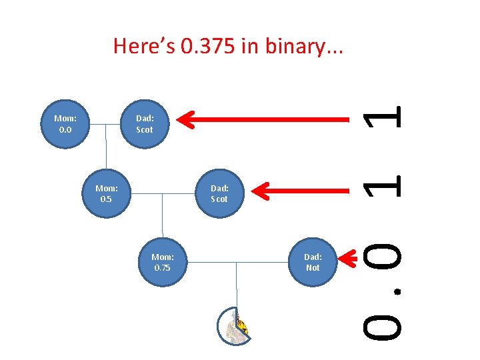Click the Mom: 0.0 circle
[x=65, y=124]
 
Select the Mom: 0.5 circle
[x=107, y=193]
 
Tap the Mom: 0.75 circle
[x=162, y=262]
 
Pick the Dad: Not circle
[x=313, y=262]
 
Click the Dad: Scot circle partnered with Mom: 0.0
[x=144, y=124]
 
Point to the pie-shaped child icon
[x=233, y=326]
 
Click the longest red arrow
[x=267, y=120]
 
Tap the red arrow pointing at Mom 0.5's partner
[x=303, y=191]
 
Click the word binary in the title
[x=293, y=46]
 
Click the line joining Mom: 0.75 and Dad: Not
[x=237, y=262]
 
